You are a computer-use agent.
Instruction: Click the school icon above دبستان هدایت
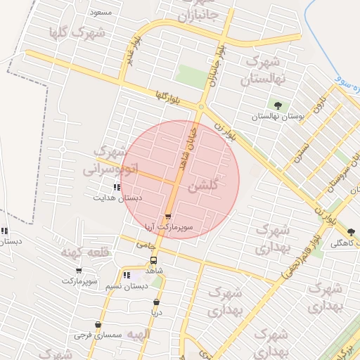pyautogui.click(x=116, y=187)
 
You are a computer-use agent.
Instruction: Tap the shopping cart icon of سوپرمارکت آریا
pyautogui.click(x=167, y=217)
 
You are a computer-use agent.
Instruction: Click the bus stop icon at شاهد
pyautogui.click(x=154, y=260)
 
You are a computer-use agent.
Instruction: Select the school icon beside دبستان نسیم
pyautogui.click(x=127, y=276)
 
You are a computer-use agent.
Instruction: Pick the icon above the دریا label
pyautogui.click(x=156, y=302)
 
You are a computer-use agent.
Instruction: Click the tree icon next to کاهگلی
pyautogui.click(x=352, y=232)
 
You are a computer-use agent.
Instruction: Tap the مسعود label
pyautogui.click(x=100, y=13)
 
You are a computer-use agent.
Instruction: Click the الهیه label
pyautogui.click(x=138, y=335)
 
